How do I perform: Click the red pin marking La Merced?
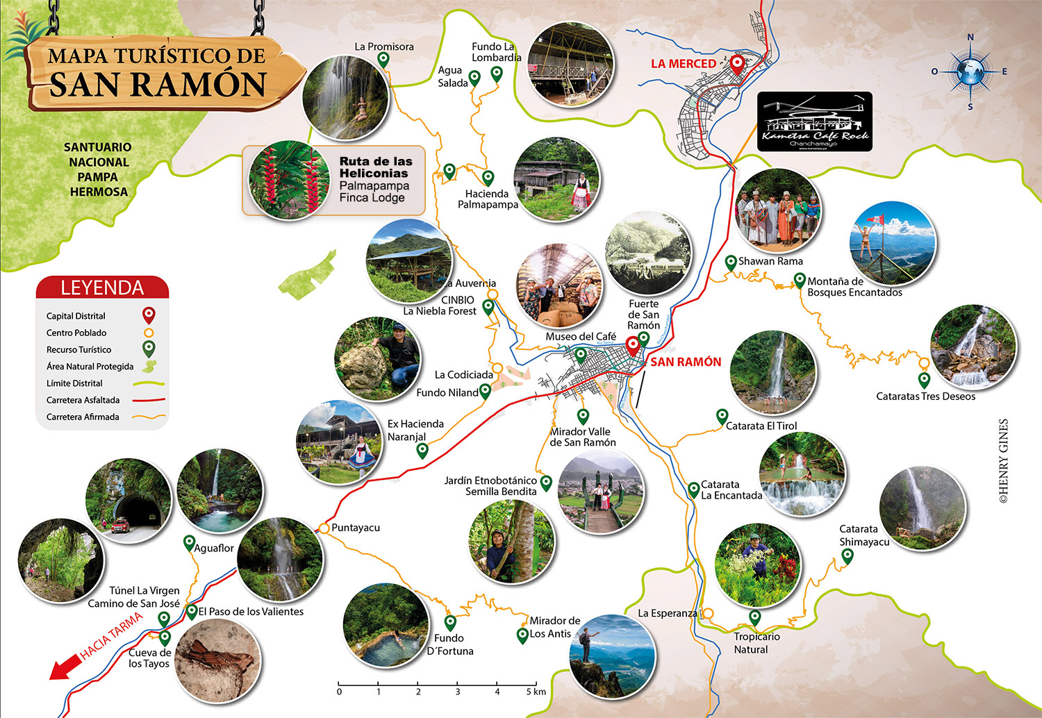coord(737,65)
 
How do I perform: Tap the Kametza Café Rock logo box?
coord(814,122)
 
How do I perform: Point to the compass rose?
coord(970,72)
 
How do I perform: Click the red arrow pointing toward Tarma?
coord(64,668)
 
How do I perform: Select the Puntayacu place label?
coord(356,528)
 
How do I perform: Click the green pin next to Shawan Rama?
coord(731,262)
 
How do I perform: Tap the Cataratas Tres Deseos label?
coord(925,396)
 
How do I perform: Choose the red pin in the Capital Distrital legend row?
coord(148,316)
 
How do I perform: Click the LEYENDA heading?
coord(102,287)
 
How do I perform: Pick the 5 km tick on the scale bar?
coord(536,683)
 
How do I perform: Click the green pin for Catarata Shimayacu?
coord(847,556)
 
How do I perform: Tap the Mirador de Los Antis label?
coord(554,627)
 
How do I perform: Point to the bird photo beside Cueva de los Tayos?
coord(217,660)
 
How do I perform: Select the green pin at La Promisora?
coord(383,60)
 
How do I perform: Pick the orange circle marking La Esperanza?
coord(707,614)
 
